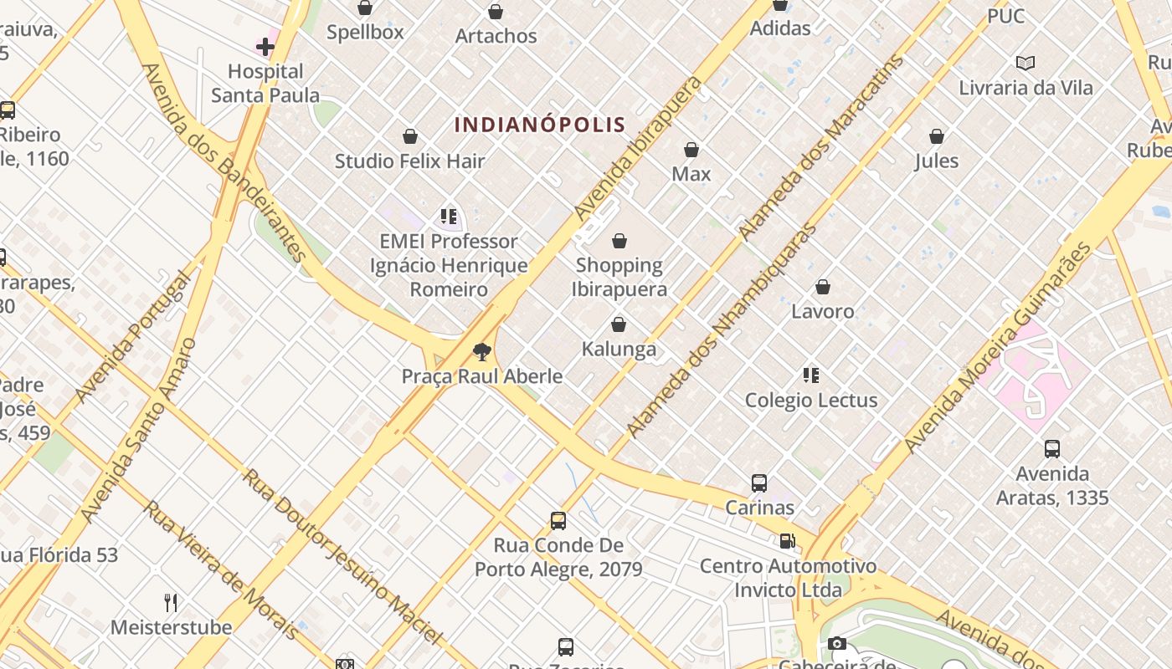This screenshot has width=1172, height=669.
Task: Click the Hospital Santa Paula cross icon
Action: (265, 47)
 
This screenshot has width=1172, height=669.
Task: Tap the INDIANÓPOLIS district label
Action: (540, 125)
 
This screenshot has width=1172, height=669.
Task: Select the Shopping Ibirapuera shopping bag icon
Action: (619, 241)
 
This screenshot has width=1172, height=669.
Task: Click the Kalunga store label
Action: (619, 349)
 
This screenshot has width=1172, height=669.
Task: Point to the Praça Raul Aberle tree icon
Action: (481, 351)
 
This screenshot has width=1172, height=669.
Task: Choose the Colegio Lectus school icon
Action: (810, 375)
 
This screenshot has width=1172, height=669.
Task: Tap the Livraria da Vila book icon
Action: (1025, 63)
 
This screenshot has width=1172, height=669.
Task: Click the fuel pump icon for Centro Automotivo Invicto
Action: (787, 541)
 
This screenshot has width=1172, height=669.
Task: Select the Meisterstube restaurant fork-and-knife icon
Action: (171, 602)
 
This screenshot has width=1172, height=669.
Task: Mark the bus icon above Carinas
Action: (759, 483)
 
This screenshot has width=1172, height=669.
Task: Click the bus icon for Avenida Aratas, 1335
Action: (1052, 448)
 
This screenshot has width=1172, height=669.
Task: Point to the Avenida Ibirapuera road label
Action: (638, 149)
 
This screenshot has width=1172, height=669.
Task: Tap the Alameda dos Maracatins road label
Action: (821, 149)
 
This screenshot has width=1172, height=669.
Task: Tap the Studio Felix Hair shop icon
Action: (410, 136)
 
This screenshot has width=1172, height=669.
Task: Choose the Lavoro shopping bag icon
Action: (823, 287)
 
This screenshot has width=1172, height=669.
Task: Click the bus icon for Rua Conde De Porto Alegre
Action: (558, 521)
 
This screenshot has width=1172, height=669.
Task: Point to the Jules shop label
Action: (937, 161)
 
